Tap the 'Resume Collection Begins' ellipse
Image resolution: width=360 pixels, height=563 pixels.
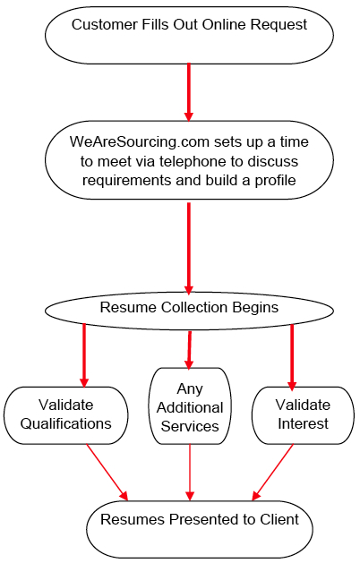click(x=189, y=308)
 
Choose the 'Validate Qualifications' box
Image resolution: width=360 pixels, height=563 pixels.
click(x=67, y=414)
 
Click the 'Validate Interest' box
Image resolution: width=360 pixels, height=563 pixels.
click(x=303, y=414)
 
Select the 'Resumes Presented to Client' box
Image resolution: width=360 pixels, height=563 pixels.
click(x=199, y=529)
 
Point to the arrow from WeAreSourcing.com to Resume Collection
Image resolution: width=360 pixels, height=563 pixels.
click(x=189, y=245)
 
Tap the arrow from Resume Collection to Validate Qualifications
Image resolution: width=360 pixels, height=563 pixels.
click(x=84, y=354)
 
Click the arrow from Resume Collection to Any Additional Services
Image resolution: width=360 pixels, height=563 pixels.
click(x=189, y=348)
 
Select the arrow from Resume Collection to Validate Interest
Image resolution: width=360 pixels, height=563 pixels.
click(x=292, y=354)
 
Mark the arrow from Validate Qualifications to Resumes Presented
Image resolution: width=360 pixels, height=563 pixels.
click(x=107, y=471)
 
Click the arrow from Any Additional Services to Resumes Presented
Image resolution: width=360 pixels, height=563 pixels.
click(x=190, y=472)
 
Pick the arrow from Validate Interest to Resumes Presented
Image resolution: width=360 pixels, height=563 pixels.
click(x=274, y=471)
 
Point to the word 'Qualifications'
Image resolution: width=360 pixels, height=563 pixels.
click(x=67, y=423)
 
